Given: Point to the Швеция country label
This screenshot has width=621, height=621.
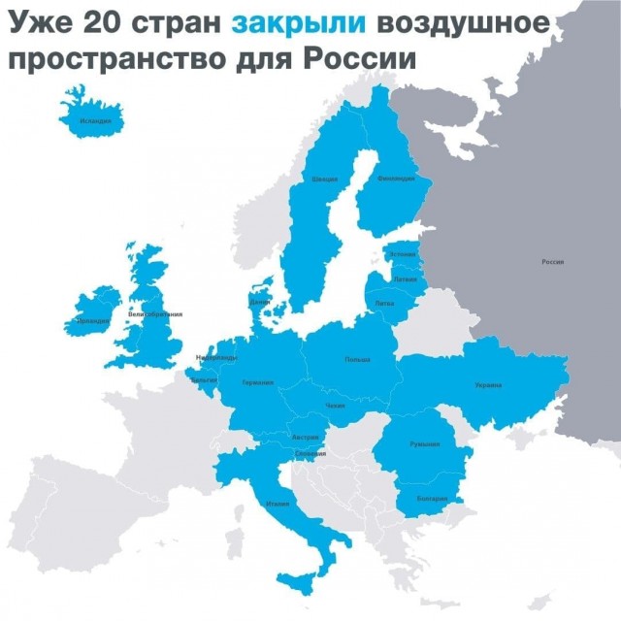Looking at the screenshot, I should click(x=324, y=180).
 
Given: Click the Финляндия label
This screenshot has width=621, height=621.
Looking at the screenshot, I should click(x=396, y=179).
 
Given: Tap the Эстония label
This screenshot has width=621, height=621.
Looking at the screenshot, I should click(x=402, y=254).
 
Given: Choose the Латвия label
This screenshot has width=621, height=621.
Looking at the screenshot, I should click(x=405, y=278).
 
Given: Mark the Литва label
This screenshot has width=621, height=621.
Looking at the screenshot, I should click(x=384, y=303).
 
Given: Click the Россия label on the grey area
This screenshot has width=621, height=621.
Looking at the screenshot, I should click(x=552, y=262).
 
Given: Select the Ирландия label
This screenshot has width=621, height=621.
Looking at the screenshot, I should click(x=93, y=319).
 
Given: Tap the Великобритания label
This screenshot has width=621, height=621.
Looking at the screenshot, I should click(x=155, y=314).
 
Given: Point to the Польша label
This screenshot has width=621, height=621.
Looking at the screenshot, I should click(x=357, y=360).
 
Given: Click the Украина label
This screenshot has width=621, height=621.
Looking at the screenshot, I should click(x=488, y=385).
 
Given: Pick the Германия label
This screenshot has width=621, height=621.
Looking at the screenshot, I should click(x=258, y=382).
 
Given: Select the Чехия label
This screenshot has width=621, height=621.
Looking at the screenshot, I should click(x=335, y=405).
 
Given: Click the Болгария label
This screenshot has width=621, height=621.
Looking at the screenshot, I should click(x=432, y=499).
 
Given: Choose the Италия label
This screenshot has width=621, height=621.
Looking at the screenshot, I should click(x=278, y=504).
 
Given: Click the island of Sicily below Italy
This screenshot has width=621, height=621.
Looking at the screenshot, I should click(x=299, y=580).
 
